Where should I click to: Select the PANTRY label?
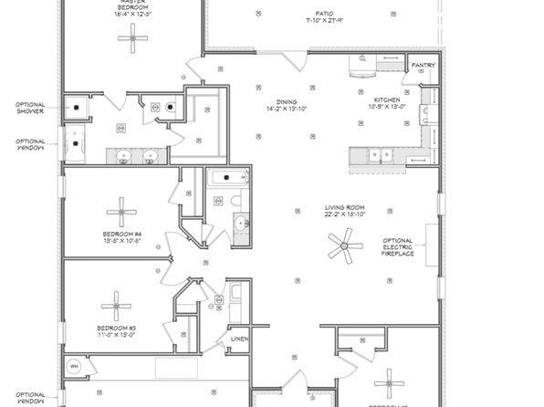point(423,66)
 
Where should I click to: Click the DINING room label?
point(288,101)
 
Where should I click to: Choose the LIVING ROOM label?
point(344,208)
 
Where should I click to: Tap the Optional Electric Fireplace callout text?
point(399,246)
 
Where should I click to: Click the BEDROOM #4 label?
point(121,234)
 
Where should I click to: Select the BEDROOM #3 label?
point(115,327)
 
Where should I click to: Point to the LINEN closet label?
point(239,339)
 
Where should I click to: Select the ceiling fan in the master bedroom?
point(136,37)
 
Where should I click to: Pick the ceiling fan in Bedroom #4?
point(120,213)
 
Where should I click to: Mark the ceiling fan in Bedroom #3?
point(116,305)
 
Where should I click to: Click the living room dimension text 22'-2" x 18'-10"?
point(345,216)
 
